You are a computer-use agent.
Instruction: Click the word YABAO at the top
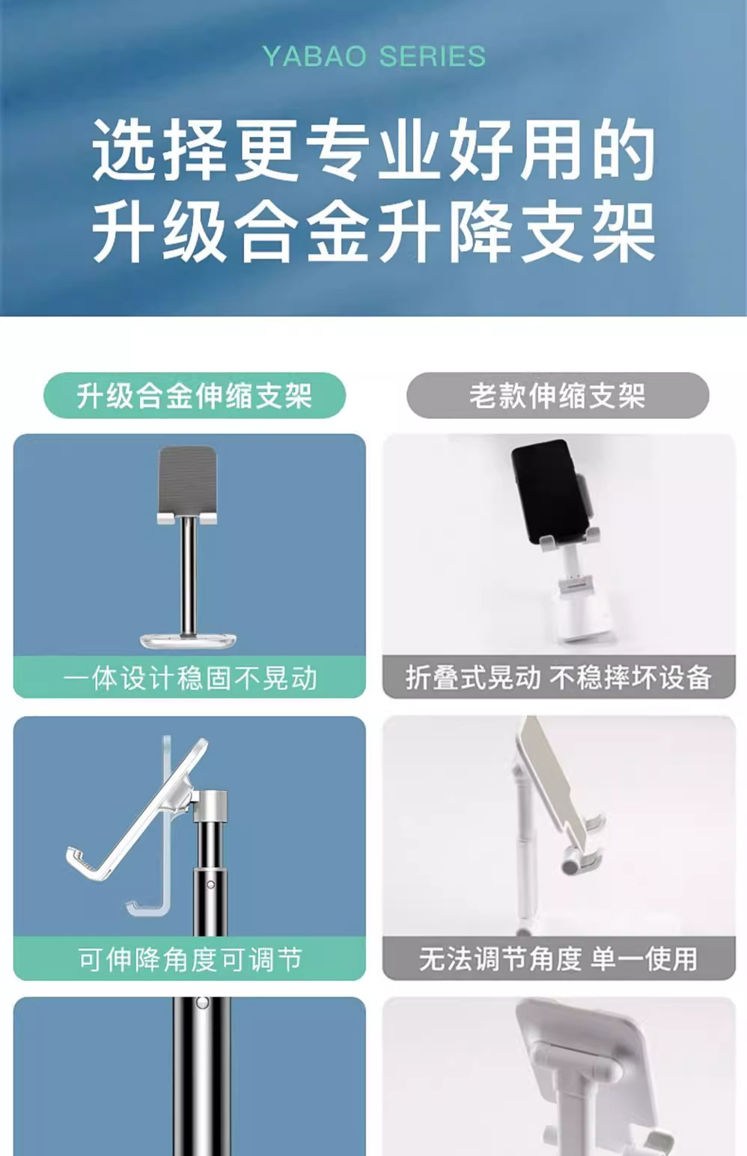click(314, 56)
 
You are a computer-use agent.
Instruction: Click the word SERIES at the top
click(433, 56)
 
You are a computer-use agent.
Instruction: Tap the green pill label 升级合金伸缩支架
click(194, 396)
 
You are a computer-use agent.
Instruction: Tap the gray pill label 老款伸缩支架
click(558, 396)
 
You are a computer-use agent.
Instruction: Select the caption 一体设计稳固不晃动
click(190, 678)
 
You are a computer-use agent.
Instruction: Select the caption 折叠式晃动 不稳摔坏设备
click(558, 678)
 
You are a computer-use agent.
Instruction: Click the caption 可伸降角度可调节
click(190, 959)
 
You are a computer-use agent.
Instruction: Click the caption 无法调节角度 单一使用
click(558, 959)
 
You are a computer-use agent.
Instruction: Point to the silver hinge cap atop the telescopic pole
click(210, 807)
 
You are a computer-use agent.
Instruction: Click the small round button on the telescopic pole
click(210, 884)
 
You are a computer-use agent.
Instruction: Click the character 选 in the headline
click(125, 150)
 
